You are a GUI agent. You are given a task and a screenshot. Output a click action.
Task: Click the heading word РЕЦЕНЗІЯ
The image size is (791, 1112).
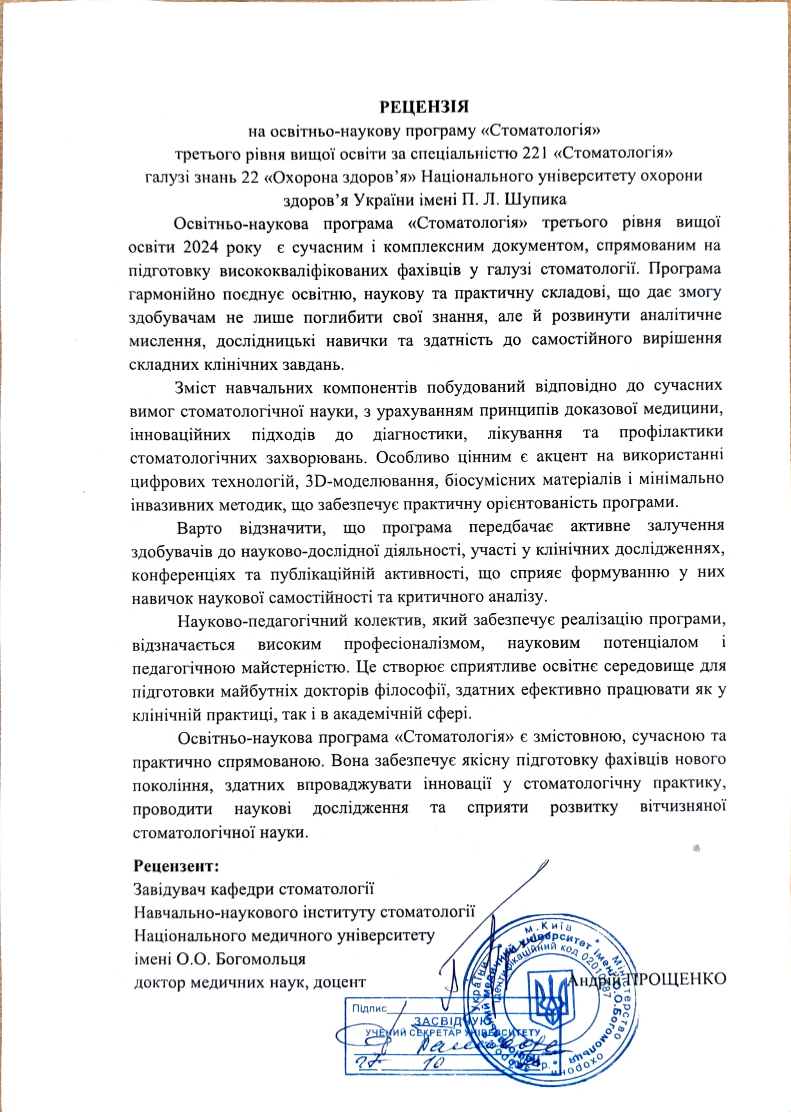pos(424,107)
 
